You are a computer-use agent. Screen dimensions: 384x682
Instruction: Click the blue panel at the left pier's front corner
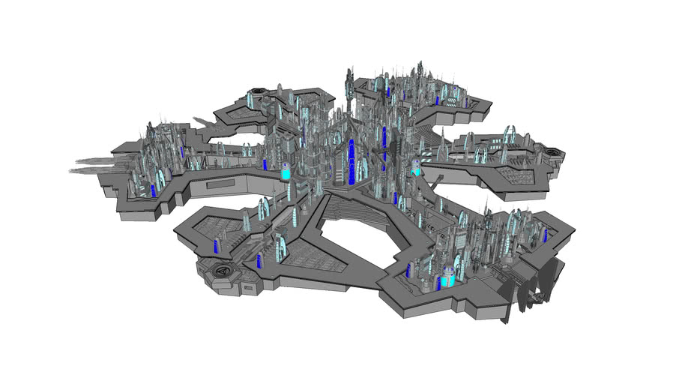[154, 190]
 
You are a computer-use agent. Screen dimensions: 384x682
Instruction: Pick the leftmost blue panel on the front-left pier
[217, 247]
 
